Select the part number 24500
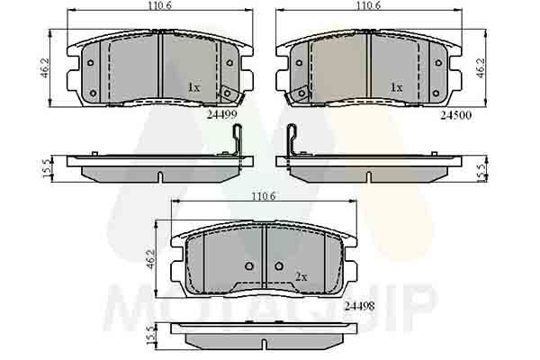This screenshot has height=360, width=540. [x=456, y=114]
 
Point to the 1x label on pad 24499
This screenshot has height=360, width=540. [x=193, y=87]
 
